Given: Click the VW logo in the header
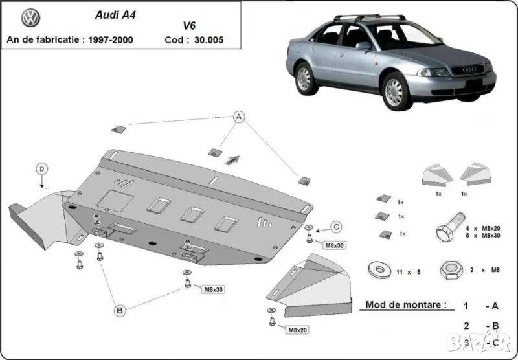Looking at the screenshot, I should (x=30, y=17).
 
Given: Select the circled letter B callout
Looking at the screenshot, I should (x=120, y=311).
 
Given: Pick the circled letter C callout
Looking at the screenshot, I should (x=337, y=226).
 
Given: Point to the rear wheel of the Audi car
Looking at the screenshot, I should (x=303, y=78).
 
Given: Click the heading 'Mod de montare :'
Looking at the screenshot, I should (x=406, y=304).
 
